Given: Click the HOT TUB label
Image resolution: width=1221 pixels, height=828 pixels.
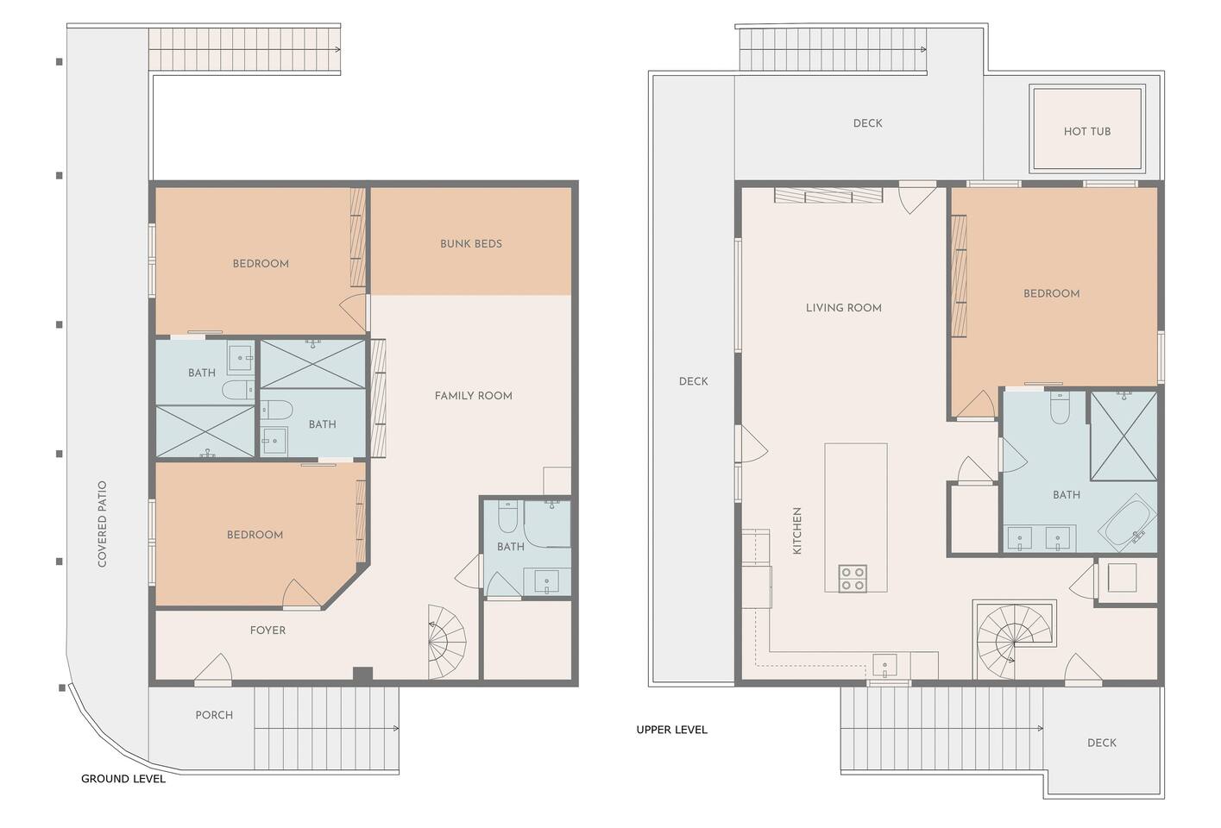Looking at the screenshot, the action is click(x=1087, y=131).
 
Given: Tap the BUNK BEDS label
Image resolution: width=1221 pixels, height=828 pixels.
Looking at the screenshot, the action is click(x=471, y=243).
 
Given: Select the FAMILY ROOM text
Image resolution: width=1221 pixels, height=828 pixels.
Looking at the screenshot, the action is click(x=473, y=396).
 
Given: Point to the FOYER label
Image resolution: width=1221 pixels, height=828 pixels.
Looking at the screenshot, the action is click(x=267, y=630).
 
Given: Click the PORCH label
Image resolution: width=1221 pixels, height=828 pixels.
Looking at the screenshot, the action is click(x=214, y=715).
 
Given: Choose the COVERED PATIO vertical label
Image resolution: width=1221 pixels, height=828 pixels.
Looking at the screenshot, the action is click(x=102, y=524).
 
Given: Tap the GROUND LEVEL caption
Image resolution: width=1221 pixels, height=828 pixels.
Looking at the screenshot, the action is click(x=123, y=779).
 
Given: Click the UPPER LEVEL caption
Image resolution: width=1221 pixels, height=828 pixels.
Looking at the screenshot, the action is click(x=671, y=730).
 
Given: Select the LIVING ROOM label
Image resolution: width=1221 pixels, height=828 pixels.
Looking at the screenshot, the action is click(x=844, y=308).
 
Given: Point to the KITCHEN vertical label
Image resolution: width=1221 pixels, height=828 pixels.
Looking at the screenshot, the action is click(x=797, y=531).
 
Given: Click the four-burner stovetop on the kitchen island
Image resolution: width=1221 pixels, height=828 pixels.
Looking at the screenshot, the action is click(x=853, y=579).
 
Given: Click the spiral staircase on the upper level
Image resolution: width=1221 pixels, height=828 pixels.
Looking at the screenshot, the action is click(x=1015, y=641).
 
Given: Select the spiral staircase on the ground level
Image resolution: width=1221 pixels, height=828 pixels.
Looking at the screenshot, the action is click(x=447, y=642).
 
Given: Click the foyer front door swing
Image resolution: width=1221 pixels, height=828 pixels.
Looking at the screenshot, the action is click(x=213, y=668).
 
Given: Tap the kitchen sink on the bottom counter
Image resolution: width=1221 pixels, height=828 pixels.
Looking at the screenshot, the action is click(x=884, y=666).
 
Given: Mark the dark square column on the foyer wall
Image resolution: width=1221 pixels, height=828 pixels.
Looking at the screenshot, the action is click(x=362, y=674).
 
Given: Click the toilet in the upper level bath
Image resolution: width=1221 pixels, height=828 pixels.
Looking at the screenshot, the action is click(x=1060, y=408).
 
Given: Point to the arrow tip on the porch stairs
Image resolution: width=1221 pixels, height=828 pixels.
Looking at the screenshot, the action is click(x=398, y=728).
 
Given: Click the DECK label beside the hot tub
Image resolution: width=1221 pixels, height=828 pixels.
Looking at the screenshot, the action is click(x=867, y=123).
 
